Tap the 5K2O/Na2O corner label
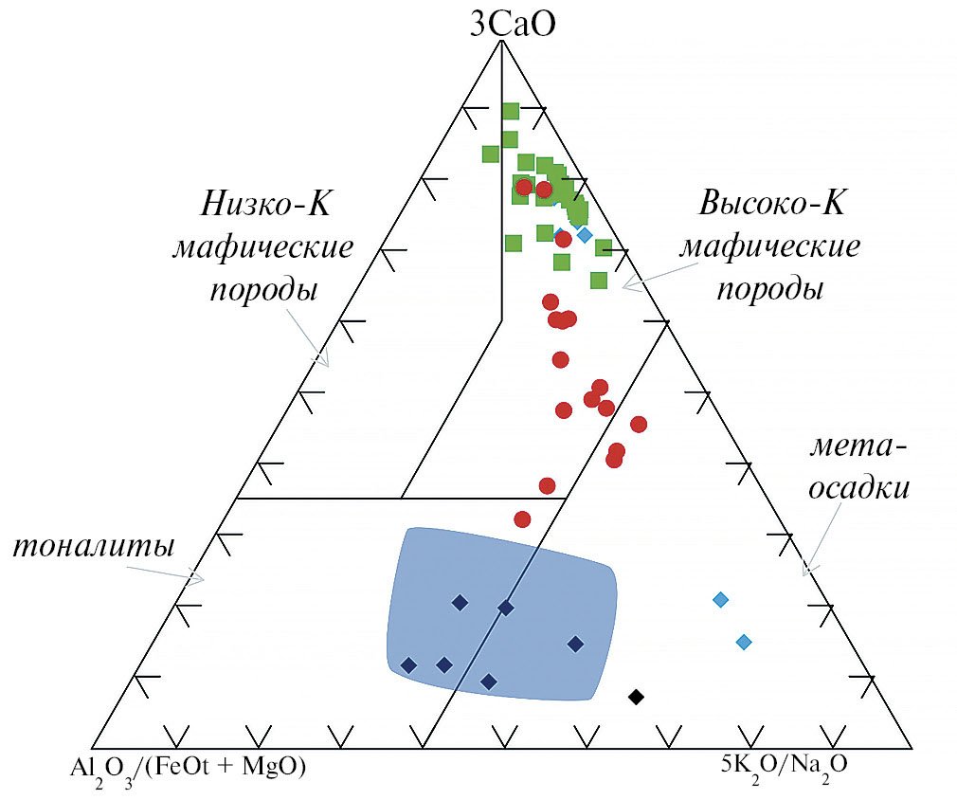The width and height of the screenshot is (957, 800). pyautogui.click(x=784, y=761)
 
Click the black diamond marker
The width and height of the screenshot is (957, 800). pyautogui.click(x=636, y=698)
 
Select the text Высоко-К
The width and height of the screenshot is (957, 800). pyautogui.click(x=771, y=204)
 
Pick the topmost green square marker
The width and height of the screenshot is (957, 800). pyautogui.click(x=511, y=111)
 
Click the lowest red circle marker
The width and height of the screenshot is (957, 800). pyautogui.click(x=522, y=518)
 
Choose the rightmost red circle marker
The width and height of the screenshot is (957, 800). pyautogui.click(x=639, y=424)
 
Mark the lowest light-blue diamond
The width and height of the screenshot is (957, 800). pyautogui.click(x=744, y=643)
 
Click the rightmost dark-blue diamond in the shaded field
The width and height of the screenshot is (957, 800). pyautogui.click(x=575, y=645)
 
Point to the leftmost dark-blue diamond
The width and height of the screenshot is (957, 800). pyautogui.click(x=408, y=665)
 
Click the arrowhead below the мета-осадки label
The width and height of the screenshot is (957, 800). pyautogui.click(x=806, y=571)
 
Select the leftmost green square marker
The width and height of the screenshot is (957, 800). pyautogui.click(x=490, y=154)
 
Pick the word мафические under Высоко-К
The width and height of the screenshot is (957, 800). pyautogui.click(x=771, y=246)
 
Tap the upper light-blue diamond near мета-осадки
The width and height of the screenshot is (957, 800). pyautogui.click(x=720, y=599)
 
